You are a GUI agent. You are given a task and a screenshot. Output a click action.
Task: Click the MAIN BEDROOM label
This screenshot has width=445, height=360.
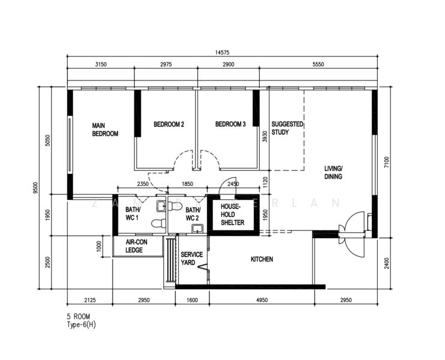pos(105,130)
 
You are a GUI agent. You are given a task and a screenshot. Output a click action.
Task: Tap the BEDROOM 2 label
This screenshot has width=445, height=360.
pos(169,124)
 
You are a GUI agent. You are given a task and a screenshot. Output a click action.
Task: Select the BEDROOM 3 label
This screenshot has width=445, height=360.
pos(230,124)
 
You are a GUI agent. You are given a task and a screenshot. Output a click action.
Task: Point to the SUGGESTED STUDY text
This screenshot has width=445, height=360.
pos(287,128)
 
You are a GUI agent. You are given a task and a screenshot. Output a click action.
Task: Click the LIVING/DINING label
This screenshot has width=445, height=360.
pos(333,172)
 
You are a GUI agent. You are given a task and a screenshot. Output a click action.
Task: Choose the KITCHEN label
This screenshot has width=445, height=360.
pos(262,259)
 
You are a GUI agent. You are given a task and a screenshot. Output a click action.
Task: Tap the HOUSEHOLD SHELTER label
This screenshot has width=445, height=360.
pos(233,214)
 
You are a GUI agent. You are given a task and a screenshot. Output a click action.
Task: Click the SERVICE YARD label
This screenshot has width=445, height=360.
pos(192,259)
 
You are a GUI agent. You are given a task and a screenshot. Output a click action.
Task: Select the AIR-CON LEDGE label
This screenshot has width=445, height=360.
pos(137,246)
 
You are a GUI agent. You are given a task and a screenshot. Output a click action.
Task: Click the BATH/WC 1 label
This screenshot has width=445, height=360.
pos(133,214)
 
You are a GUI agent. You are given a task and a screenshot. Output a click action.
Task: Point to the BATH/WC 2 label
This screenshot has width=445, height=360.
pos(193,214)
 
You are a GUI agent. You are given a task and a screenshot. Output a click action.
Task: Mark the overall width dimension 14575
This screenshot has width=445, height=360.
pos(222,53)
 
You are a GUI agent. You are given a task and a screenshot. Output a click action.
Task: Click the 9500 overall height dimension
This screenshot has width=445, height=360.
pos(35,188)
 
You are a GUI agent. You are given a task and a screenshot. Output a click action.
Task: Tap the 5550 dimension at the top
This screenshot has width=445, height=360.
pos(318,64)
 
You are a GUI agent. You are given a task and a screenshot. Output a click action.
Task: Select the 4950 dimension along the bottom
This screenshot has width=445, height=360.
pos(262,300)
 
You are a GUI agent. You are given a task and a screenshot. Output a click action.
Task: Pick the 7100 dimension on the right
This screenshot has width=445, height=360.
pos(387,163)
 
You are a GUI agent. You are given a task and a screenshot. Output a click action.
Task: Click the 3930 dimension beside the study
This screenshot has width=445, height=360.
pos(265,137)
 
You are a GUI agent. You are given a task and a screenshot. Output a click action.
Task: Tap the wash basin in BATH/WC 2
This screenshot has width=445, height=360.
pos(197,228)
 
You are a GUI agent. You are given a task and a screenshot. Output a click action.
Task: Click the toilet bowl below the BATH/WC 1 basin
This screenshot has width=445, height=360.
pos(159,223)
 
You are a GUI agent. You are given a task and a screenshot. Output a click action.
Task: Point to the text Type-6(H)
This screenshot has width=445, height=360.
pos(82,325)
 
